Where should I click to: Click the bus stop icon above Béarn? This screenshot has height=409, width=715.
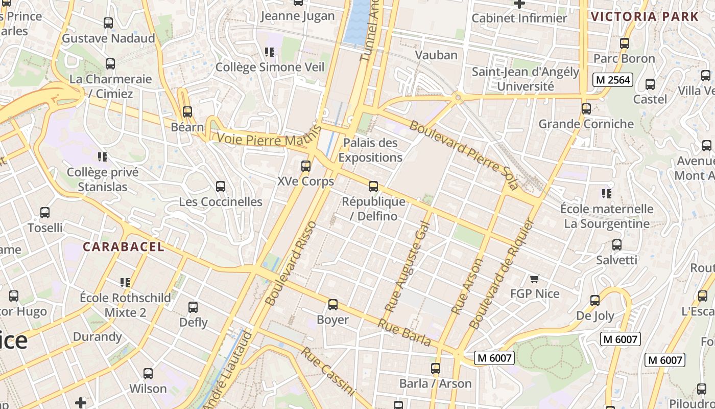click(187, 111)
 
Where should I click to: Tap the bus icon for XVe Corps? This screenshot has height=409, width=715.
click(306, 166)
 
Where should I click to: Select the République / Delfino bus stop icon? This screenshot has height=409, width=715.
click(373, 187)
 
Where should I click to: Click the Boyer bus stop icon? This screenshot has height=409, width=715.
click(333, 305)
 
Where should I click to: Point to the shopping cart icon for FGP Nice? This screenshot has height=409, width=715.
click(535, 279)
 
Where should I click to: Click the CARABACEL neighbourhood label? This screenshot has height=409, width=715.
click(124, 247)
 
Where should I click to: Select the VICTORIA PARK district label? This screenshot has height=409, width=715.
click(645, 16)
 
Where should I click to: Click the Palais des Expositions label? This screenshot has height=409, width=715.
click(370, 150)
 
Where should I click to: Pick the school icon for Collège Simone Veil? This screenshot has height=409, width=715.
click(270, 52)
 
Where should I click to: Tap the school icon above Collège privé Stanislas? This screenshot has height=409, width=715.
click(103, 156)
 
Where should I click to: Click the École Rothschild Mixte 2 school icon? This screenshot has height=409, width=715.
click(125, 282)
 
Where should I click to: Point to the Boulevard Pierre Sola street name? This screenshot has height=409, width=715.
click(464, 155)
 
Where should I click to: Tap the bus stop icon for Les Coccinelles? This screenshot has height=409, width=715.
click(221, 187)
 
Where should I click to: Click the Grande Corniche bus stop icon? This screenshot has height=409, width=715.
click(586, 108)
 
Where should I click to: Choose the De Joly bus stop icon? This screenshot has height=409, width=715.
click(595, 300)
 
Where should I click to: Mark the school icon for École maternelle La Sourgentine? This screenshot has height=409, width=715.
click(607, 193)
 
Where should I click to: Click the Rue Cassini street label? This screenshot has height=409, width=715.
click(327, 371)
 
